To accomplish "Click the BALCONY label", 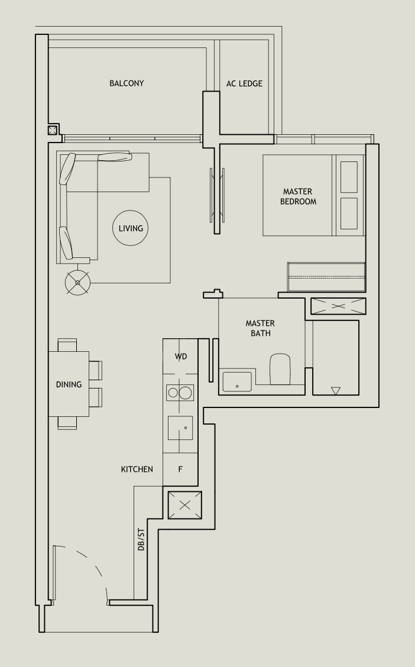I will [x=127, y=83].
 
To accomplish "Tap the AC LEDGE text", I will [x=244, y=83].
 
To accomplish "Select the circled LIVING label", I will [x=131, y=228].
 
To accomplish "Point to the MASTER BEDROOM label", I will [x=298, y=196].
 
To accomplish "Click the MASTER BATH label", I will [x=260, y=328].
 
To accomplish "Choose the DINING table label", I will [x=69, y=384].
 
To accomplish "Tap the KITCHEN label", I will [x=137, y=469].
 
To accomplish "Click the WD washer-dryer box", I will [x=181, y=357].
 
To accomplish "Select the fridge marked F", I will [x=180, y=470].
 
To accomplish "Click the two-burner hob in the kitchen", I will [x=180, y=392].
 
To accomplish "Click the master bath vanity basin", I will [x=237, y=381].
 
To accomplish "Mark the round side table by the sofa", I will [x=77, y=282].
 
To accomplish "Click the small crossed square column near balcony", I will [x=53, y=130].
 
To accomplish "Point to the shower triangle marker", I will [x=336, y=390].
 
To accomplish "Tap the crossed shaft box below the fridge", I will [x=185, y=505].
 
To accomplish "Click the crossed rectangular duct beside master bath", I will [x=338, y=306].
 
